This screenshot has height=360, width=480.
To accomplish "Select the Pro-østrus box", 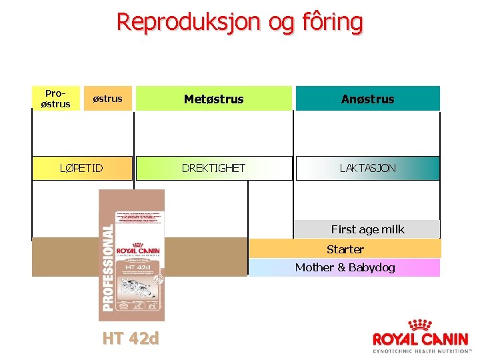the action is tap(56, 99).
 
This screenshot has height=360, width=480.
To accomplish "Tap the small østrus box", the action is tap(107, 99).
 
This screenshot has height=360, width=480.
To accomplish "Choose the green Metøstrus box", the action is tap(214, 99).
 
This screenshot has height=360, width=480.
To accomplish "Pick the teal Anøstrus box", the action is tap(367, 99).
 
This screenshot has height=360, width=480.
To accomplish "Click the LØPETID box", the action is tap(82, 168).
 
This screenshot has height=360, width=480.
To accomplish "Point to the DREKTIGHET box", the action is tap(214, 168).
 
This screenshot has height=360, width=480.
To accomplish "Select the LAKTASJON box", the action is tap(367, 168).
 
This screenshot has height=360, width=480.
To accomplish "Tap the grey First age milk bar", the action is tap(367, 229).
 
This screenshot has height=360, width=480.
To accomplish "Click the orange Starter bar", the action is tap(345, 249).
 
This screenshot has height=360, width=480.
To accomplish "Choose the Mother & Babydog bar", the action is tap(345, 267).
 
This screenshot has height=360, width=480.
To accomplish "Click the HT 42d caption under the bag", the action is tap(131, 339).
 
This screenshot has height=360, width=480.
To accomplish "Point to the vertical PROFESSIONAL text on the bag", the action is tap(107, 267).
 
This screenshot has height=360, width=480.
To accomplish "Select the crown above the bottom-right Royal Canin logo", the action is tap(419, 325).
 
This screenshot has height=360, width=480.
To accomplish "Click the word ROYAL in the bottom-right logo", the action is tap(396, 339).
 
